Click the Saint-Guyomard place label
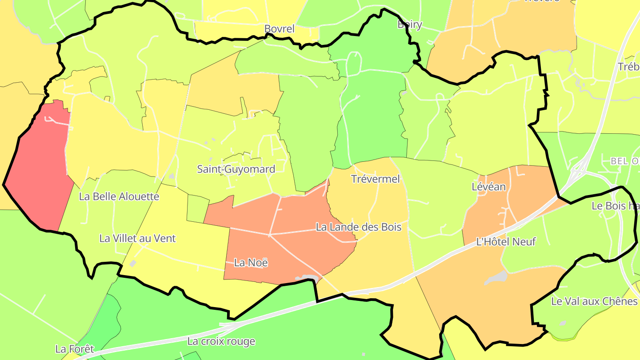pos(236,169)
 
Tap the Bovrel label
pos(279,29)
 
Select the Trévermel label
pos(376,179)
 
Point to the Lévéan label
pos(488,187)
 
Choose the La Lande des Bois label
pos(358,227)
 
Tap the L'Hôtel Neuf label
pos(506,242)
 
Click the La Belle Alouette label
pos(119,196)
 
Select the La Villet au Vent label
pos(137,239)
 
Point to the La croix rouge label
pos(221,341)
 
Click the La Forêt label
pos(75,349)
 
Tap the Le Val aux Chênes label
pos(594,301)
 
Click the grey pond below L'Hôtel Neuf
pos(497,278)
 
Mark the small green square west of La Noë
pos(198,208)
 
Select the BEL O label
pos(624,161)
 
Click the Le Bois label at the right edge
pos(615,206)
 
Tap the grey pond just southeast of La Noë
pos(307,278)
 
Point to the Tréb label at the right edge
pos(628,67)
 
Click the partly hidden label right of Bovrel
pos(409,25)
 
